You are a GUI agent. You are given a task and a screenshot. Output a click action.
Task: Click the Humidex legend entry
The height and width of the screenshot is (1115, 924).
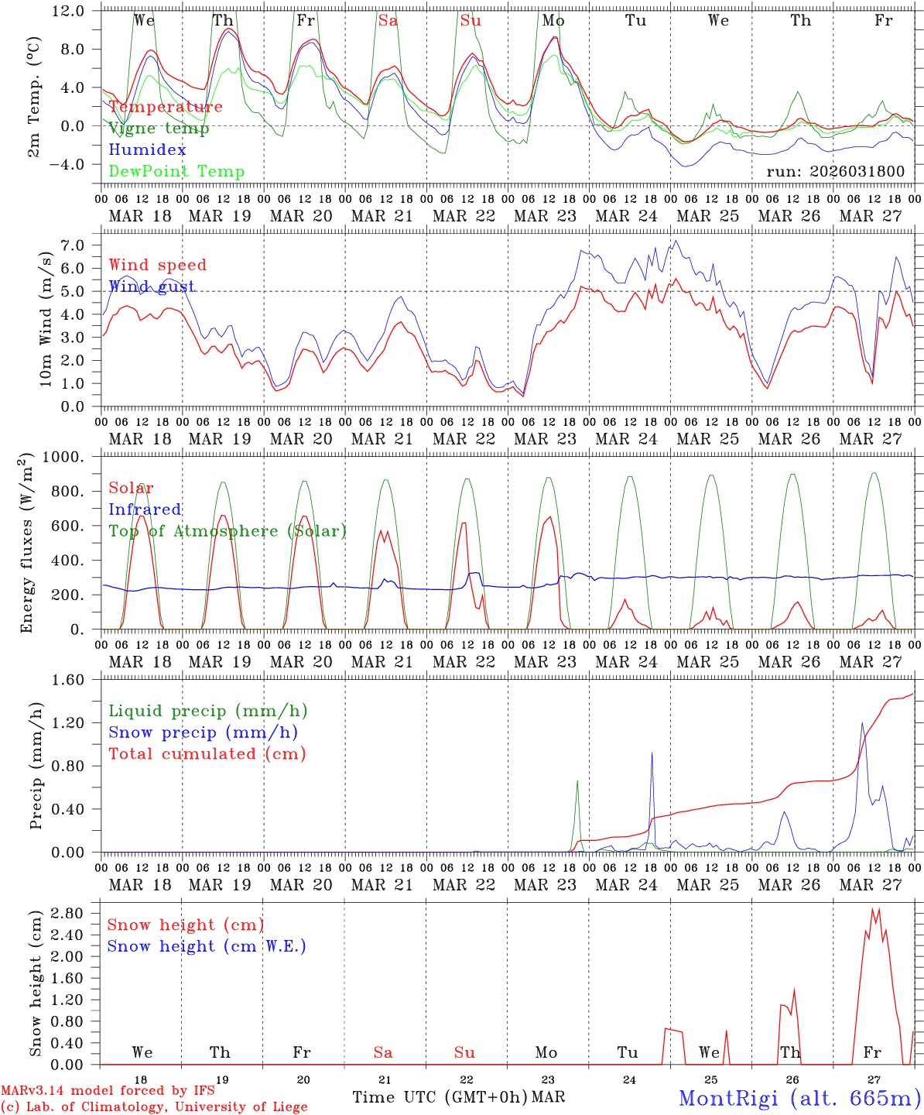tap(147, 150)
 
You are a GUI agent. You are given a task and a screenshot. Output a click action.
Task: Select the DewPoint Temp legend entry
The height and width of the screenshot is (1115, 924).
tap(176, 172)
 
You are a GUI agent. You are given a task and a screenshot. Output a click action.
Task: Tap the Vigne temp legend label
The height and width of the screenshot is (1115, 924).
tap(159, 129)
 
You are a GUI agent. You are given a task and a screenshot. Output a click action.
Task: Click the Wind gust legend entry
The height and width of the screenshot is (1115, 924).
tap(152, 286)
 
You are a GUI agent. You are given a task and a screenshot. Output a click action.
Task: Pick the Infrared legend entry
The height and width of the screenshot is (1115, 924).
tap(145, 509)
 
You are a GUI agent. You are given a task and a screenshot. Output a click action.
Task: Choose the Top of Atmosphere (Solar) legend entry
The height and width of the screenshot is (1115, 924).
tap(227, 531)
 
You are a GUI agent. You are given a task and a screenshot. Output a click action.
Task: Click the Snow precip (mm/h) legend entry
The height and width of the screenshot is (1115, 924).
tap(203, 732)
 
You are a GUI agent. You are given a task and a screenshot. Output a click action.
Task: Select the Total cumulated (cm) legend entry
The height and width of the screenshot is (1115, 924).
tap(207, 754)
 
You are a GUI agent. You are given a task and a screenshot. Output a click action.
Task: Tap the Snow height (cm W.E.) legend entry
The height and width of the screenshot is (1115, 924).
tap(206, 946)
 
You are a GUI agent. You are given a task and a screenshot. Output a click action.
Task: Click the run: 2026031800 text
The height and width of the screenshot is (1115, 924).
tap(835, 172)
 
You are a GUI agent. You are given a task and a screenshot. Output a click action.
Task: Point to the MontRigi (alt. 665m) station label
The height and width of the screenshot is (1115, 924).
tap(799, 1097)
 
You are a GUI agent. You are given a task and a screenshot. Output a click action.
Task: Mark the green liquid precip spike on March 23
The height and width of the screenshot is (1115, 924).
tap(577, 782)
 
